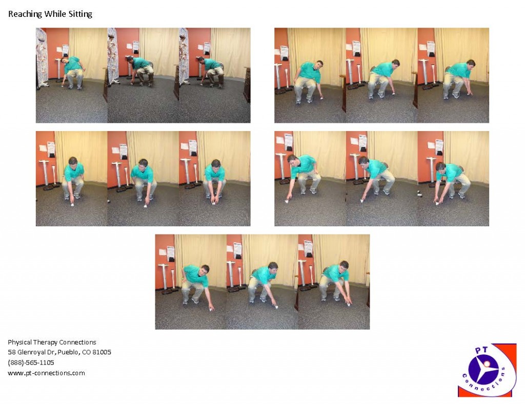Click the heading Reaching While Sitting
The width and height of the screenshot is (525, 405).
tap(50, 14)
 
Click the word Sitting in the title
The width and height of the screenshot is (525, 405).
tap(80, 14)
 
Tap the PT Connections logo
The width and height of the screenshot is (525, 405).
tap(487, 370)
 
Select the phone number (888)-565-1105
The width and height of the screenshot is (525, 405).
tap(31, 363)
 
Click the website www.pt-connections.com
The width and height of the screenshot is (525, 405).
tap(46, 373)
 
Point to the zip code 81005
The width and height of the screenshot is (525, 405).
tap(102, 352)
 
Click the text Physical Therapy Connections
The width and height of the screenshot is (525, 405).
tap(52, 342)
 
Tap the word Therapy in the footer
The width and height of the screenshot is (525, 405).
tap(45, 342)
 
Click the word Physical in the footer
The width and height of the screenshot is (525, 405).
tap(20, 342)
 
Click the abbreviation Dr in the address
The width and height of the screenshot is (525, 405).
tap(52, 352)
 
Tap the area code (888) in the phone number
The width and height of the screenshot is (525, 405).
tap(16, 363)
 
